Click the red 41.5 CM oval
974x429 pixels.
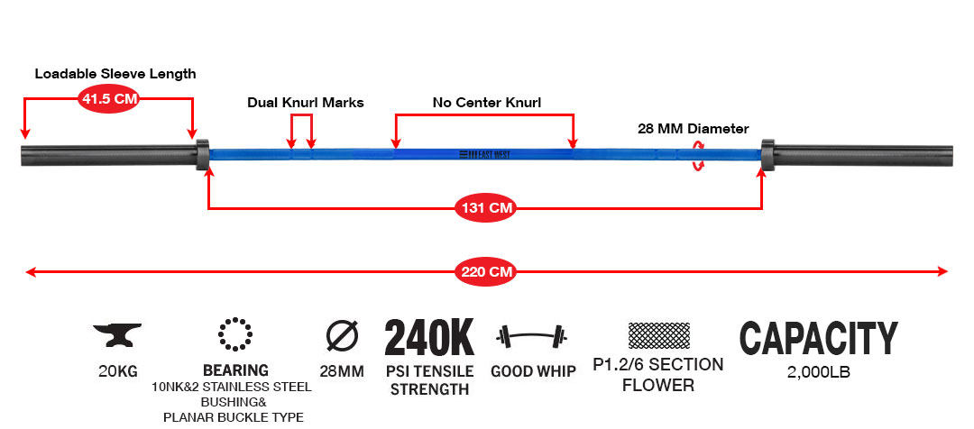point(108,99)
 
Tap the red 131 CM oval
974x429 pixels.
point(486,208)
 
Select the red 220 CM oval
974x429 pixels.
point(486,271)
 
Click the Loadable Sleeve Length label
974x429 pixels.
point(115,74)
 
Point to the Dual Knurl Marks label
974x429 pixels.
point(306,103)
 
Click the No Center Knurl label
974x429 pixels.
point(487,103)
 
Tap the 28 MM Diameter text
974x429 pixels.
point(694,129)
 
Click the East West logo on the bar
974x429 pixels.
point(484,154)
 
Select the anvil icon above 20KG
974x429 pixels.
point(117,334)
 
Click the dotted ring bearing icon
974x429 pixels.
point(235,334)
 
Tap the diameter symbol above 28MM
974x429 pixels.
point(343,336)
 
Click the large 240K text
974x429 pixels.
point(429,337)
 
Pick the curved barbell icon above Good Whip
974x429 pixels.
point(532,336)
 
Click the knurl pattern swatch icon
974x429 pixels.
point(658,335)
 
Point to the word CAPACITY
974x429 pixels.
point(818,338)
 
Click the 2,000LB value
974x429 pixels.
point(818,373)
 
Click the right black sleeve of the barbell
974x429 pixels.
point(857,155)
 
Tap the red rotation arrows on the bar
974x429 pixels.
point(698,155)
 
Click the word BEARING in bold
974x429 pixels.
point(236,370)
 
